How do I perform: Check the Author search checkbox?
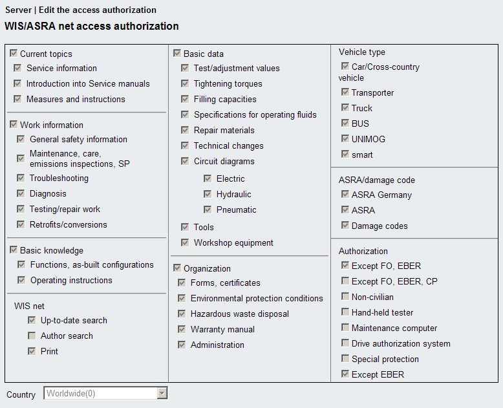tap(32, 336)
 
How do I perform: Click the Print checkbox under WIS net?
tap(32, 351)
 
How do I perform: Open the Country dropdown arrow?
tap(162, 393)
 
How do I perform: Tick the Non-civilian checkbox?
tap(345, 297)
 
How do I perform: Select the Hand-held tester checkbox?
tap(345, 312)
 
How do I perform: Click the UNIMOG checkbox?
tap(345, 139)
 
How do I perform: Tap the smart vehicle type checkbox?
tap(345, 155)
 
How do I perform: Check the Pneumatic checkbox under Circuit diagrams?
tap(208, 209)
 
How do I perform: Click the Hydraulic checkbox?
tap(208, 194)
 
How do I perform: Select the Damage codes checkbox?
tap(345, 226)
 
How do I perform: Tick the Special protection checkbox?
tap(345, 359)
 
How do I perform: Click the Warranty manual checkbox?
tap(182, 329)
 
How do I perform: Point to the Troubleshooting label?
tap(59, 178)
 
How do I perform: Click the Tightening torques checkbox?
tap(185, 83)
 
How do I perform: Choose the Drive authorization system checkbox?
tap(345, 343)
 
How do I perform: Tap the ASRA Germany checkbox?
tap(345, 195)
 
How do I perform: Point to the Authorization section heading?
tap(363, 251)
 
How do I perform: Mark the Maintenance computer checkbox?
tap(345, 328)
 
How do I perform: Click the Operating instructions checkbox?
tap(21, 280)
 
